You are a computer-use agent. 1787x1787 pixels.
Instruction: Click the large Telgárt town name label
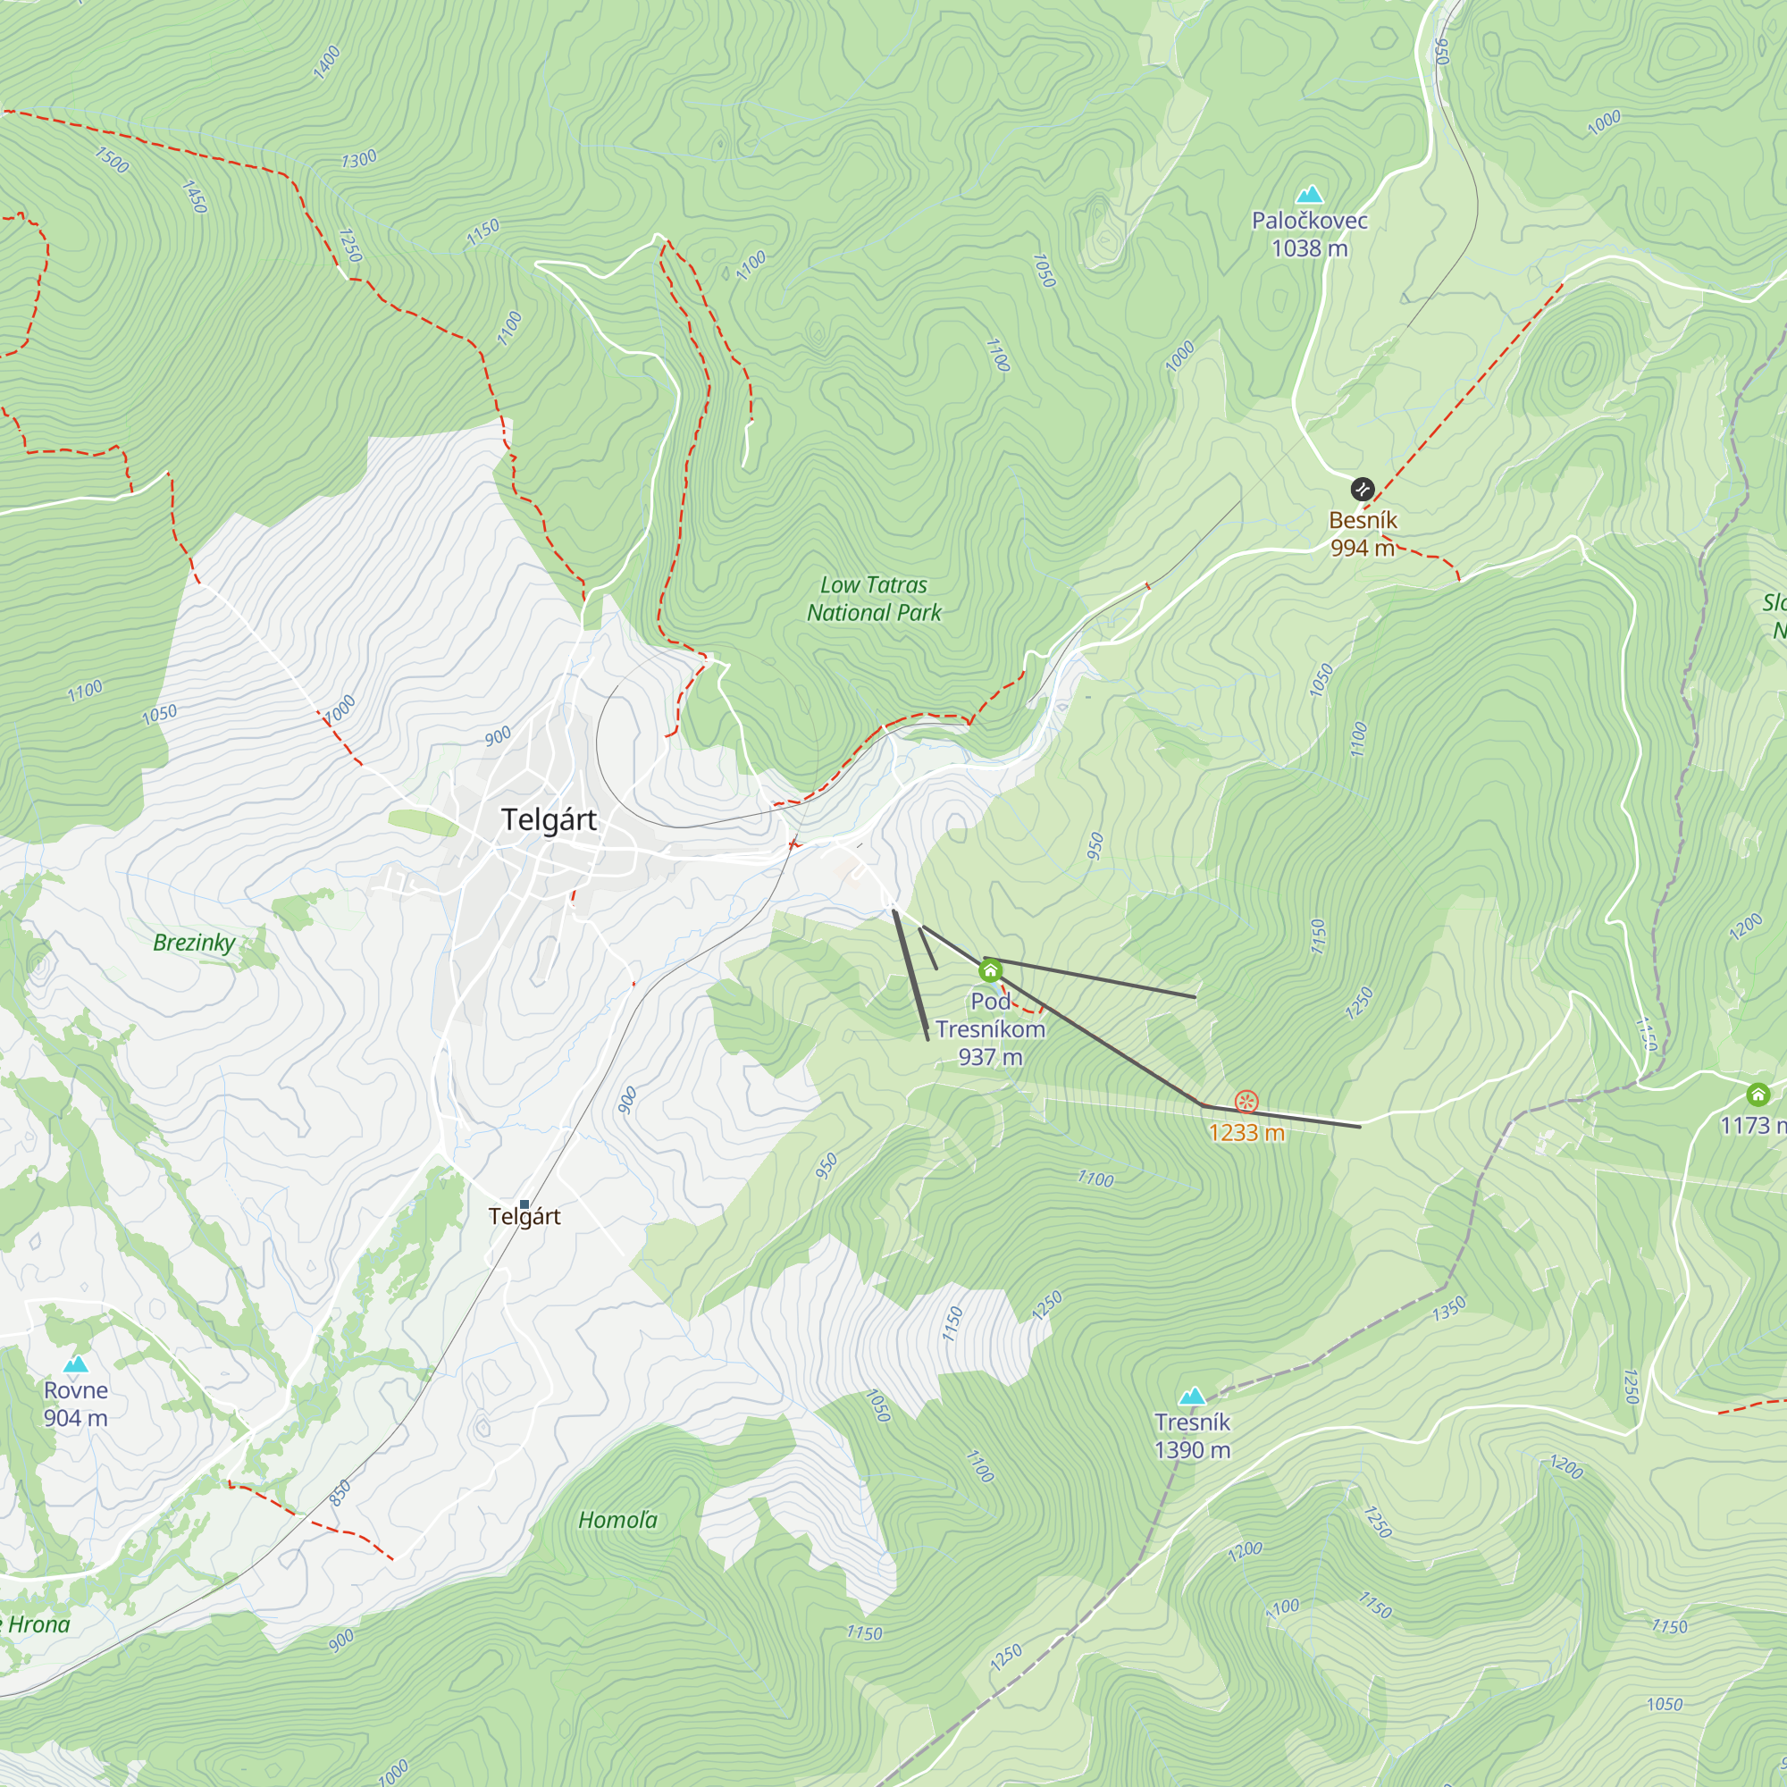[549, 819]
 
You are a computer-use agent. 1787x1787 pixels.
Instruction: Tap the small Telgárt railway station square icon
[524, 1204]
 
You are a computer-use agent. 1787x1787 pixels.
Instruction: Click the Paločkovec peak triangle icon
[1309, 194]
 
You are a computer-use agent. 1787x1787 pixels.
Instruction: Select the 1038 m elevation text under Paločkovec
[1309, 248]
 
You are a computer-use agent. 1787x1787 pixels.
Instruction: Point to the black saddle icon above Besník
[1362, 489]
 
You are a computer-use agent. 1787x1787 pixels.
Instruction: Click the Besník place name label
[1362, 521]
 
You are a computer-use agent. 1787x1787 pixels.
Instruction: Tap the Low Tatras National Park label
[873, 599]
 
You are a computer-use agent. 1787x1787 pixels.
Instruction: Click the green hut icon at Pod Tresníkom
[990, 970]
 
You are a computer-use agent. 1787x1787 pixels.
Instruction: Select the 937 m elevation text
[990, 1057]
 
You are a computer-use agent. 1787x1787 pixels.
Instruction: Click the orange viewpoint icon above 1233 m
[1246, 1102]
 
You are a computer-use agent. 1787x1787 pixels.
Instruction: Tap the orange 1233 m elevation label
[1246, 1133]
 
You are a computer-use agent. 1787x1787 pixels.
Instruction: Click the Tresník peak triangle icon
[1192, 1396]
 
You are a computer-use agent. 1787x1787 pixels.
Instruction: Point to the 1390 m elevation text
[1192, 1450]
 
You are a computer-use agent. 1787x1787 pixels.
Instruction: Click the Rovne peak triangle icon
[76, 1364]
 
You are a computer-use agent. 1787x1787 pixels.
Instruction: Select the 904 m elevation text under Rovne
[76, 1418]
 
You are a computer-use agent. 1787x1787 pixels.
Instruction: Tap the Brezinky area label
[194, 943]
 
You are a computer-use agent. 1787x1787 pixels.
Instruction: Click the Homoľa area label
[618, 1520]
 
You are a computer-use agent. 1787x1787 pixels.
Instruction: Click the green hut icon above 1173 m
[1758, 1095]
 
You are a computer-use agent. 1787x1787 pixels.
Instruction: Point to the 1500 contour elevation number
[112, 159]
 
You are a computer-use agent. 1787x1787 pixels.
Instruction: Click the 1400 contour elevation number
[326, 62]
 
